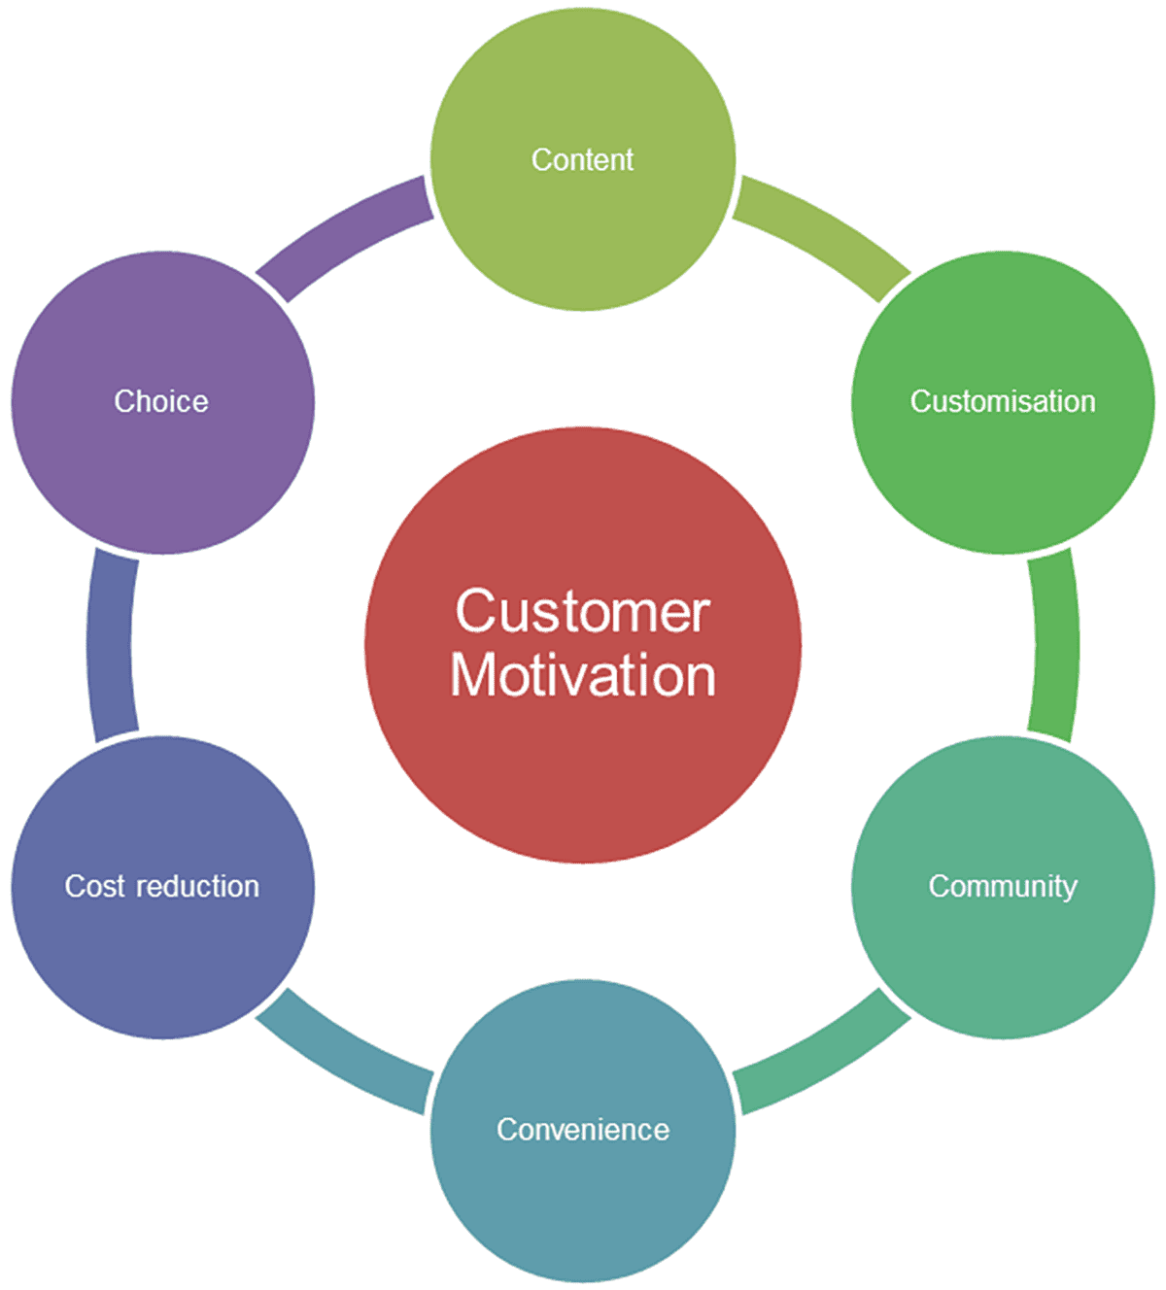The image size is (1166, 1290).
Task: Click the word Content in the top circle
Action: [582, 159]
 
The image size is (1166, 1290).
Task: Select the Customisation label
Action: [1003, 401]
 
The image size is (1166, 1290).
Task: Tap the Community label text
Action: [1003, 886]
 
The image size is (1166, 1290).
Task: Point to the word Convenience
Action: [583, 1129]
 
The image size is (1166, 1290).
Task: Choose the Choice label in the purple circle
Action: [161, 401]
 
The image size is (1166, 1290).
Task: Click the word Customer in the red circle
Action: [583, 612]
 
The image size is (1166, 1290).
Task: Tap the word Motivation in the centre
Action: [583, 675]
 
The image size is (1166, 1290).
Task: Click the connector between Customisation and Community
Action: [1055, 645]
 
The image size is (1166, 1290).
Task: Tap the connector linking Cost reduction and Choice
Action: [111, 645]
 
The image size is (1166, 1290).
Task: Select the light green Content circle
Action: [583, 233]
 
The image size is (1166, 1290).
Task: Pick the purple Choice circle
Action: [162, 476]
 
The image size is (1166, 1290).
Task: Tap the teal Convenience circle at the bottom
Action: [583, 1205]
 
